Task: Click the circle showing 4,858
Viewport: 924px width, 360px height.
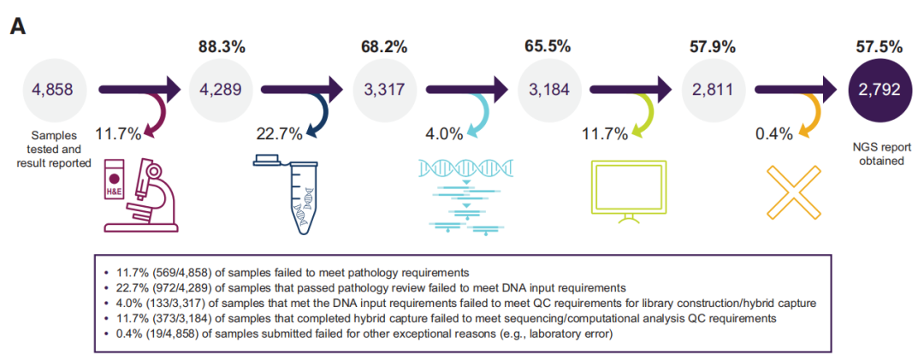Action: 58,89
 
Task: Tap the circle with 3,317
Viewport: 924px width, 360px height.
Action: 384,89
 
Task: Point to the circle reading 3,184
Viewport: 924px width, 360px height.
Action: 548,89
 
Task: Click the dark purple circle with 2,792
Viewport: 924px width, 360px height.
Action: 879,89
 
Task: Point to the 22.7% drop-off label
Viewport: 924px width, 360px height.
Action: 280,133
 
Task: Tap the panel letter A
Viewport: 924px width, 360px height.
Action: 18,27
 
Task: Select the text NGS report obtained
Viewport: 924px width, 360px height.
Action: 879,152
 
